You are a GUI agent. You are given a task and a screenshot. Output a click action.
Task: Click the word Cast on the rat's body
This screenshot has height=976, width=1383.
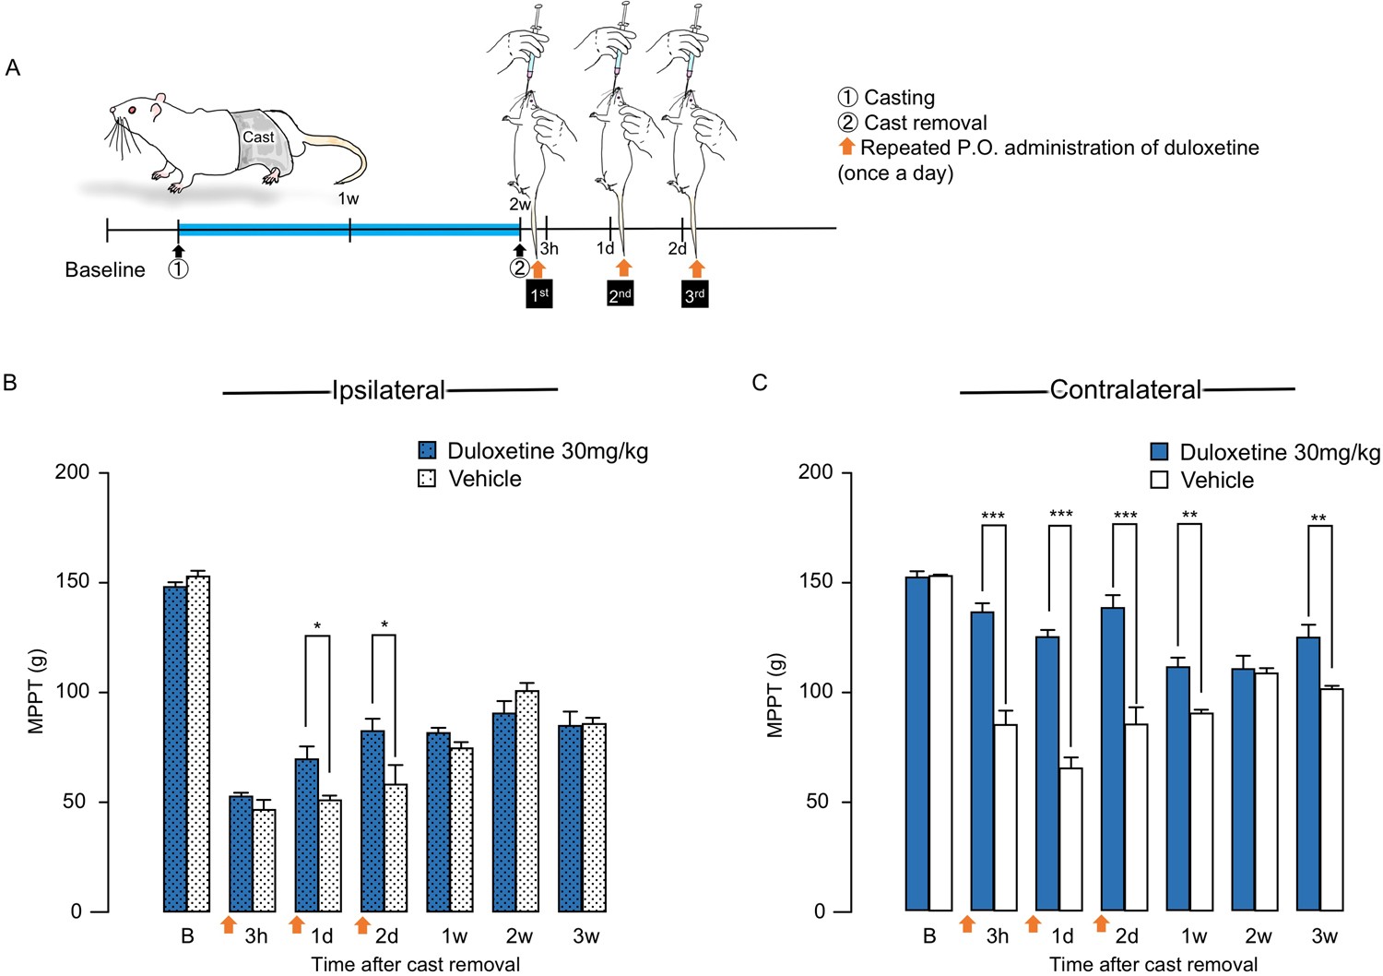258,137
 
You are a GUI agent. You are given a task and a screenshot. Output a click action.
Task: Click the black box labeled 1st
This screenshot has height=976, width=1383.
539,294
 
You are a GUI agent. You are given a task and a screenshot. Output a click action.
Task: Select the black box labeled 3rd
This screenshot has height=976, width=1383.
695,295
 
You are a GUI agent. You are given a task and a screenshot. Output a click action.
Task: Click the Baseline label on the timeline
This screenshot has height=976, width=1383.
105,270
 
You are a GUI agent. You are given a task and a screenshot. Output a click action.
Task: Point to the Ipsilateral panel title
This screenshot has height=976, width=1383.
388,390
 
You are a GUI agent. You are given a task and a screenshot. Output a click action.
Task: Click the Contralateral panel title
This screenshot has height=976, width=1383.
1125,390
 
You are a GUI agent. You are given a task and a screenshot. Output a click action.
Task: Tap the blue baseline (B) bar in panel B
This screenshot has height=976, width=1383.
175,747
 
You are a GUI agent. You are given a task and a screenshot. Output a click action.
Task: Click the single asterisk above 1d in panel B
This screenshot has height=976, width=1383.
317,627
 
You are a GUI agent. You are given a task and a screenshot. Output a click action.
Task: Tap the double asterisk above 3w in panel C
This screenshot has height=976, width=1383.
1318,518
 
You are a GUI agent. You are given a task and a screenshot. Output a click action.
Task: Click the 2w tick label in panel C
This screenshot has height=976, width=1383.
1259,936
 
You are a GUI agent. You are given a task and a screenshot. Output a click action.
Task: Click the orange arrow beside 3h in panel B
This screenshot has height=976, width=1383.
229,924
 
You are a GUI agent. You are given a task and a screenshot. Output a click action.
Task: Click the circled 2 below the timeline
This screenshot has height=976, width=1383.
519,268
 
